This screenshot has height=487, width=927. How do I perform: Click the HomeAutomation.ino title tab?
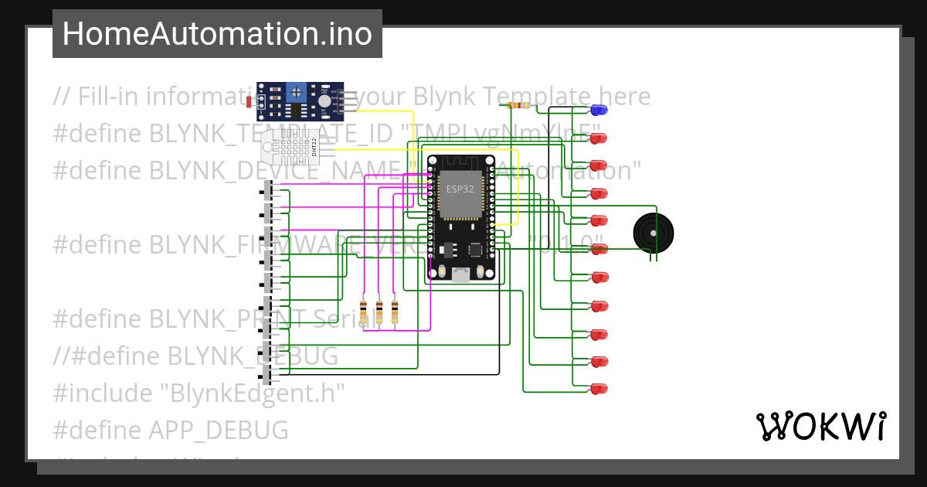point(217,34)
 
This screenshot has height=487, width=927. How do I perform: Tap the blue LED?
point(599,110)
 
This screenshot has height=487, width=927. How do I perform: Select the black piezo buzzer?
point(653,232)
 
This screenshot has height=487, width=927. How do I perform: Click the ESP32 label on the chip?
point(460,189)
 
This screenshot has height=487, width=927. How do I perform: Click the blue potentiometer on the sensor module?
point(296,94)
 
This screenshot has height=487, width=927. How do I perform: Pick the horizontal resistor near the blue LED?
point(517,105)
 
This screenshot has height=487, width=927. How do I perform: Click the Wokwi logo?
point(820,426)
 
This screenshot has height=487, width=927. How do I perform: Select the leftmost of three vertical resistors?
point(364,312)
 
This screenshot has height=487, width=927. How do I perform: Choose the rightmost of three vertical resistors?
point(395,312)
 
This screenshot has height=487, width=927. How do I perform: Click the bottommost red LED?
point(599,389)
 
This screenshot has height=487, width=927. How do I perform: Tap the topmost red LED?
point(599,138)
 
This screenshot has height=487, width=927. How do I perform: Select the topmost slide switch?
point(269,189)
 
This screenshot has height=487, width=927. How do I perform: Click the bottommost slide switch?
point(269,375)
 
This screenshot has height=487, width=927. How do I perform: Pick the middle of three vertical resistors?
point(379,312)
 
